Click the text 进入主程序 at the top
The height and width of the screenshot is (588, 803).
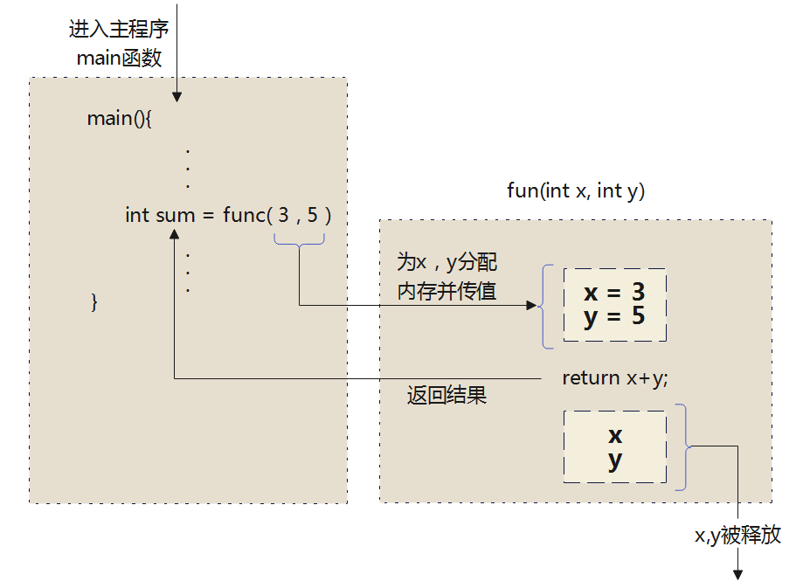tap(119, 29)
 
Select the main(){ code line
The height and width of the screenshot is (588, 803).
tap(120, 119)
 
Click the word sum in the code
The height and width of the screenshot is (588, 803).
tap(175, 214)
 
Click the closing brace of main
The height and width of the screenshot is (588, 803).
tap(95, 302)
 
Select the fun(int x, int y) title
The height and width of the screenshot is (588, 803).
tap(576, 190)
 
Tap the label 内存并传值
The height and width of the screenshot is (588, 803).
tap(446, 292)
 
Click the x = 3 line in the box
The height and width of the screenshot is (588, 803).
tap(614, 292)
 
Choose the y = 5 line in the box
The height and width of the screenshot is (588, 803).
tap(614, 315)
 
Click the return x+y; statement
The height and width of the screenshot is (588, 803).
tap(614, 377)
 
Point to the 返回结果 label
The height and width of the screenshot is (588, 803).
tap(446, 396)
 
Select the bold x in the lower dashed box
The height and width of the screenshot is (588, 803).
tap(615, 435)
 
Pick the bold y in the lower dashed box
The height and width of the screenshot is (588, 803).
tap(615, 460)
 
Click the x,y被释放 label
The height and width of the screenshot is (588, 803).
tap(737, 536)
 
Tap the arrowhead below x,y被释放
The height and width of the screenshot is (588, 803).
tap(737, 574)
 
